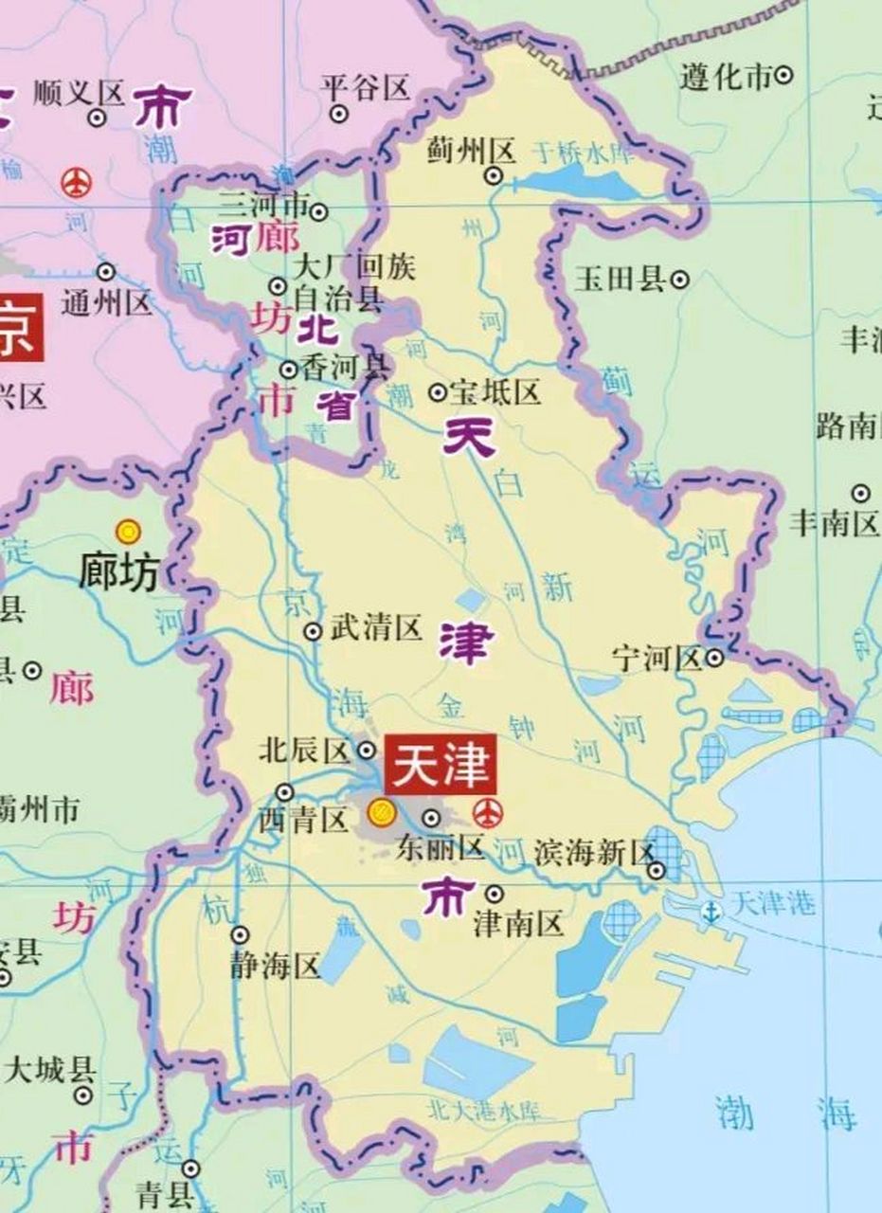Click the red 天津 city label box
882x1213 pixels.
click(x=440, y=765)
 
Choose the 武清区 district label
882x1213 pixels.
click(x=375, y=627)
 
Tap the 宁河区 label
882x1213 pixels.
click(x=657, y=658)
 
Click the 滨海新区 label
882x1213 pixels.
click(x=594, y=852)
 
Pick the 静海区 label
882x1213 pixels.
click(x=276, y=966)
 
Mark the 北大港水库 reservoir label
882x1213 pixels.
click(x=483, y=1107)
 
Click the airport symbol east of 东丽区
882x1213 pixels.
click(x=488, y=812)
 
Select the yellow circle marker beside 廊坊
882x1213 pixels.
click(x=127, y=532)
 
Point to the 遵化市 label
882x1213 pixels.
click(x=727, y=76)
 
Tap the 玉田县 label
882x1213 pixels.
click(x=621, y=280)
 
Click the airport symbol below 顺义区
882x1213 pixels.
click(x=76, y=181)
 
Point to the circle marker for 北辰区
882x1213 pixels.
click(x=367, y=751)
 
